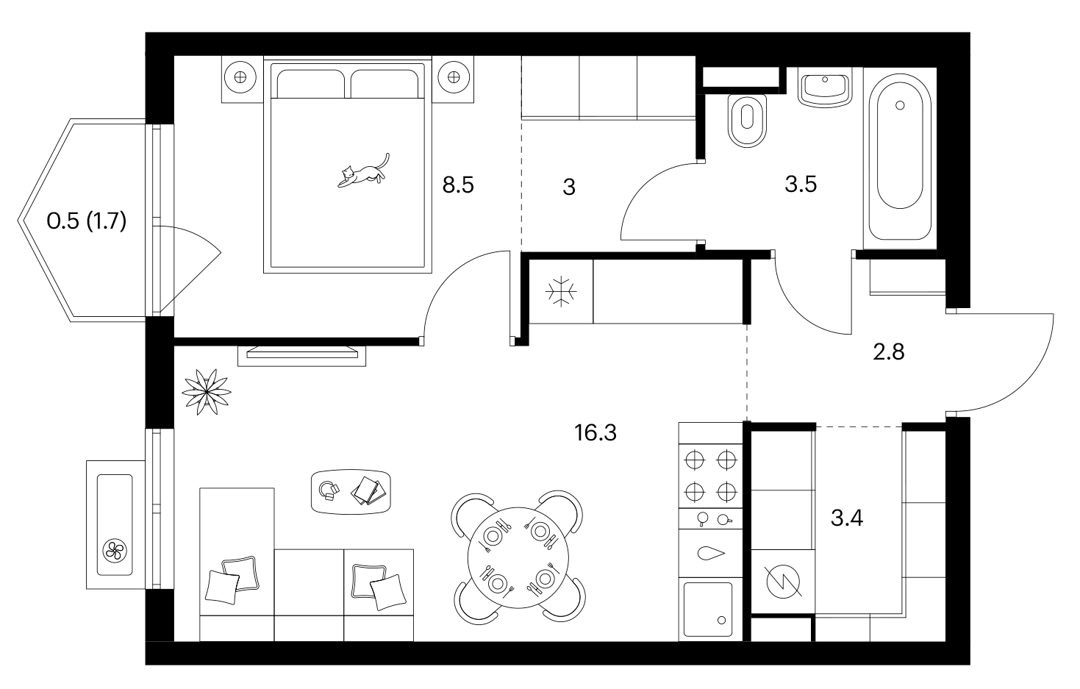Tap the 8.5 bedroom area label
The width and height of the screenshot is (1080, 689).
[x=458, y=185]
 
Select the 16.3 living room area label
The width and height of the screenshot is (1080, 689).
[x=595, y=433]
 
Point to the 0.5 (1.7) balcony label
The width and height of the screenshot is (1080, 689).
[x=86, y=221]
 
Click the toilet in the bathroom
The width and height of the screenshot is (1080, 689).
[x=747, y=120]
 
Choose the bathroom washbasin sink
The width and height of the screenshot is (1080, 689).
[x=825, y=88]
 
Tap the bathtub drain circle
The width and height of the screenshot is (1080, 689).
[x=900, y=105]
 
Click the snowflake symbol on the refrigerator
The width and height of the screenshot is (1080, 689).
[x=561, y=291]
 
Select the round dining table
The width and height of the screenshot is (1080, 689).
[x=518, y=558]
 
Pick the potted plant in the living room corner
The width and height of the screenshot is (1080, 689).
[x=207, y=392]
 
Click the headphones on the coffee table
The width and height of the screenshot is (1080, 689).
[x=329, y=490]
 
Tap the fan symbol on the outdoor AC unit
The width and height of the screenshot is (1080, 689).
[x=115, y=551]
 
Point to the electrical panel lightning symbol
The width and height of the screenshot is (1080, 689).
[x=783, y=582]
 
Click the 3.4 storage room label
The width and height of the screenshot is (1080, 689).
[x=847, y=518]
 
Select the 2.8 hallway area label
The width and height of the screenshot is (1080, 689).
[x=889, y=352]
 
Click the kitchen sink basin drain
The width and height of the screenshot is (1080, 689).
[x=722, y=621]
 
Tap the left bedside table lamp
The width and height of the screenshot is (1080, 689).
[x=240, y=77]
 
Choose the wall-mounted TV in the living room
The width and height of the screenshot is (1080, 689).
[x=302, y=355]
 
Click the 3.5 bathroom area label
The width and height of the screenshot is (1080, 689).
[x=801, y=184]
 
